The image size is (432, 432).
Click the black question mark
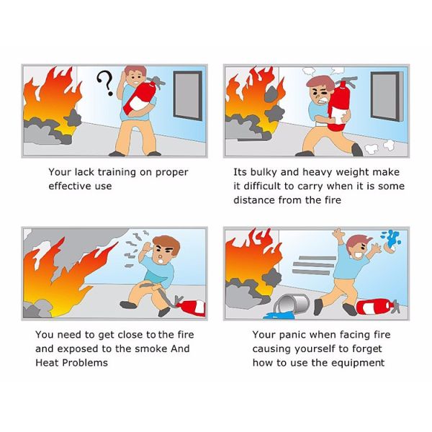(x=106, y=83)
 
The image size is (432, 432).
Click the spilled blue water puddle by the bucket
(x=279, y=315)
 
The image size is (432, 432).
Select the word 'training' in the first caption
(x=117, y=173)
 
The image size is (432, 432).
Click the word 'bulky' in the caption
(x=263, y=173)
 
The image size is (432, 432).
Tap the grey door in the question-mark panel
(x=187, y=95)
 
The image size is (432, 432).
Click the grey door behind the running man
(x=387, y=96)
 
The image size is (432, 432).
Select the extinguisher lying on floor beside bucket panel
(x=377, y=307)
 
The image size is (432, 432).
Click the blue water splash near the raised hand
(x=391, y=238)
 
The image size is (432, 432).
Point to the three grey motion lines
(x=314, y=265)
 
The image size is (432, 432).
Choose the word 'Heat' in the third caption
(x=47, y=363)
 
